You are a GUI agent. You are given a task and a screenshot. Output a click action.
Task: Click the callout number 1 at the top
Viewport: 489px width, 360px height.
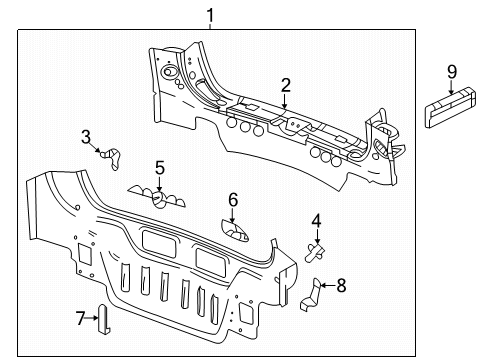point(210,14)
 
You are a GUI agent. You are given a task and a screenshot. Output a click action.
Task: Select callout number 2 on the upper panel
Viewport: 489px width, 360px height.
point(285,86)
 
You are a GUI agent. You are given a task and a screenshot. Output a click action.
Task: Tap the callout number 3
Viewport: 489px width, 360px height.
point(86,136)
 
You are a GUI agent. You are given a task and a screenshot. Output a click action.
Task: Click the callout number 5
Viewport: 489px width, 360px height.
point(159,167)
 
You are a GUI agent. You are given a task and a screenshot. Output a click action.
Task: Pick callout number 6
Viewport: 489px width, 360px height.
point(233,200)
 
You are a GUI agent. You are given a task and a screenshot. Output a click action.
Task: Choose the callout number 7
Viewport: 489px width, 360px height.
point(82,317)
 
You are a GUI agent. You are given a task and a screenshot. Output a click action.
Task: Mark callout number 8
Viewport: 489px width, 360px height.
point(341,285)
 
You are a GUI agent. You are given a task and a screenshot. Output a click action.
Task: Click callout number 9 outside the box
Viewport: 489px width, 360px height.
point(452,70)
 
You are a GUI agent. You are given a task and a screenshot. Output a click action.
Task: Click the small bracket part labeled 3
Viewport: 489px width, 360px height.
point(111,154)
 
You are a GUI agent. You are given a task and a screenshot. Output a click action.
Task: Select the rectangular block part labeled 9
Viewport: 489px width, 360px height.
point(451,108)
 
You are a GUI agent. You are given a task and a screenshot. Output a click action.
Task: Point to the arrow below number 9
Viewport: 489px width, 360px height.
point(452,88)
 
